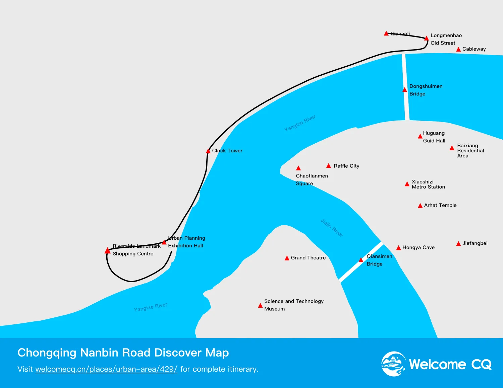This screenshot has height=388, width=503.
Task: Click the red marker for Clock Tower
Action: pos(208,151)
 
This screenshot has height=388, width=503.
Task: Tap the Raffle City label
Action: pos(346,166)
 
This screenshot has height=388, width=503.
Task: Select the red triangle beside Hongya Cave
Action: pos(399,248)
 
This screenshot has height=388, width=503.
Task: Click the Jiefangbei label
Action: pos(475,243)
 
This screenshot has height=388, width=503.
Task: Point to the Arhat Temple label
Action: pos(440,205)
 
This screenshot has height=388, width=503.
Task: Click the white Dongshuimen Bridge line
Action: pos(405,74)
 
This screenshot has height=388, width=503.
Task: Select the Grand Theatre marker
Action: pos(287,258)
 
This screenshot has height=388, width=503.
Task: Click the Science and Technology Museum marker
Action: pos(260,306)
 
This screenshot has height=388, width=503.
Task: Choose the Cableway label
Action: pos(474,49)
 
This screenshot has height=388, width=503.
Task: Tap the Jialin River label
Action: pos(331,228)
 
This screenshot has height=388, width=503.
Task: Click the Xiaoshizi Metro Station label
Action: pos(428,184)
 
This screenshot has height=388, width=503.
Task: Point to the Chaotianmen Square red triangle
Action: pos(298,168)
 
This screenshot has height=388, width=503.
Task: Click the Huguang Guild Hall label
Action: pos(434,137)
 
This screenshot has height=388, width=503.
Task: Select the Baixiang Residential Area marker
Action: pos(452,148)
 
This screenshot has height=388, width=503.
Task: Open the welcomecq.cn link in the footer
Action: pos(106,369)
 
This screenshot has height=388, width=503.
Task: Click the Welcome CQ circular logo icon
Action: pos(393,364)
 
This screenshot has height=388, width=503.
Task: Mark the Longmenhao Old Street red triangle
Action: pos(426,38)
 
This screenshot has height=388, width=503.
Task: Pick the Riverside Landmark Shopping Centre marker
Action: pos(107,251)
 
